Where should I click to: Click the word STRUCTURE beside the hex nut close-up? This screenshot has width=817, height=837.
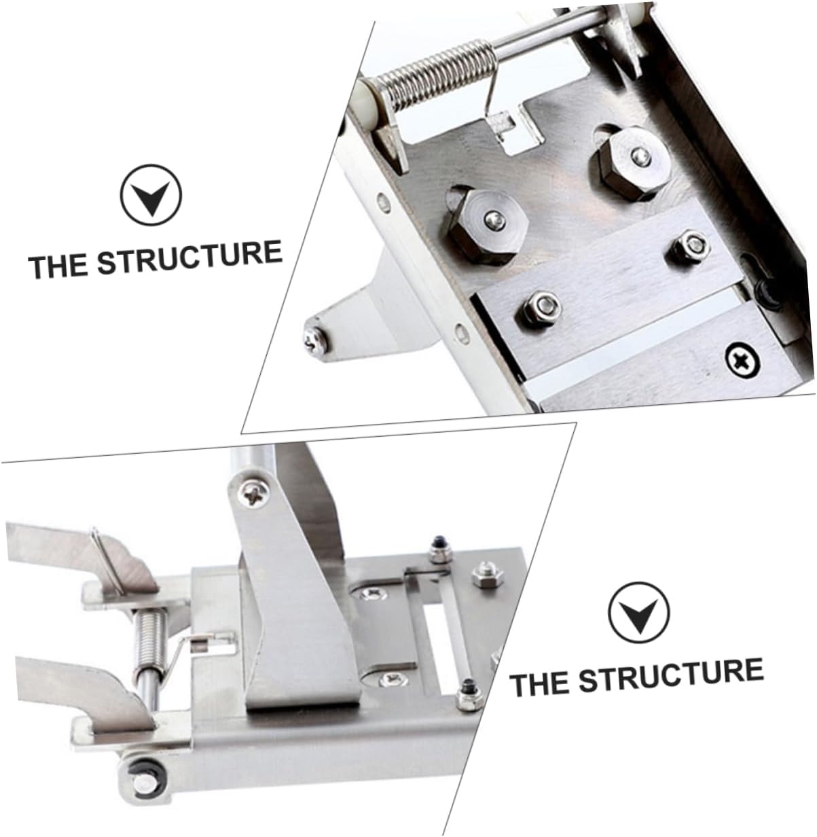coord(189,257)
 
